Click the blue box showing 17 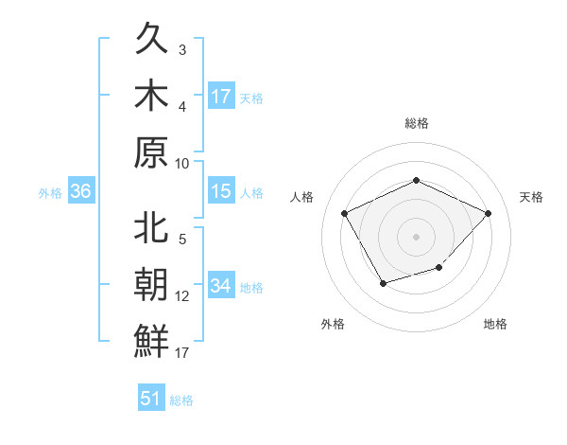click(x=221, y=97)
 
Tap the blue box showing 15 click(x=221, y=192)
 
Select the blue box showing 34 click(x=221, y=286)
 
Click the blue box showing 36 click(x=80, y=192)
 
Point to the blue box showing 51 click(x=151, y=399)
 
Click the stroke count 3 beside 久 click(x=182, y=50)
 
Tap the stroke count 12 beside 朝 click(x=182, y=296)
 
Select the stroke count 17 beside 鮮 click(x=182, y=353)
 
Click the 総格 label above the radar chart click(x=416, y=123)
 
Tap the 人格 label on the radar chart click(x=302, y=197)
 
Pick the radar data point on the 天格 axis click(x=488, y=213)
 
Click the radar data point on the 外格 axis click(x=382, y=283)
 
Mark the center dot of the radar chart click(x=416, y=236)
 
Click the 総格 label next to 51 click(x=181, y=400)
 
